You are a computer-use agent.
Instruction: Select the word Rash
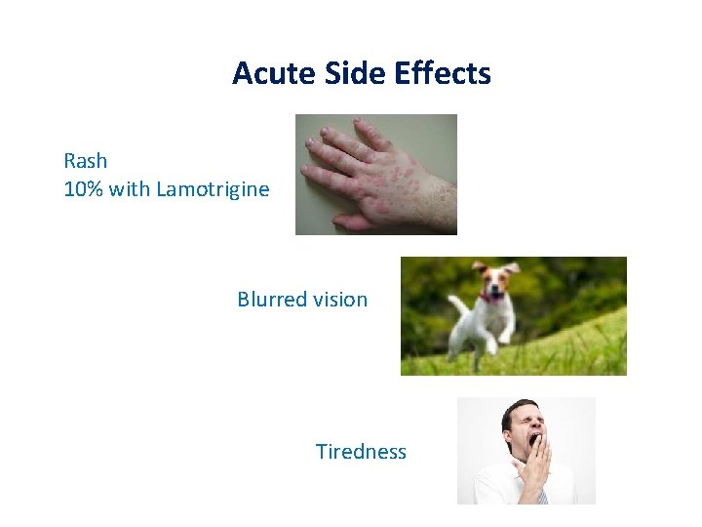(86, 160)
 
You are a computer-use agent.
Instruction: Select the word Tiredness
(361, 452)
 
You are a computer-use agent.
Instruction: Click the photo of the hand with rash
(376, 175)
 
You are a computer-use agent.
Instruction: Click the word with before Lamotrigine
(130, 189)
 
